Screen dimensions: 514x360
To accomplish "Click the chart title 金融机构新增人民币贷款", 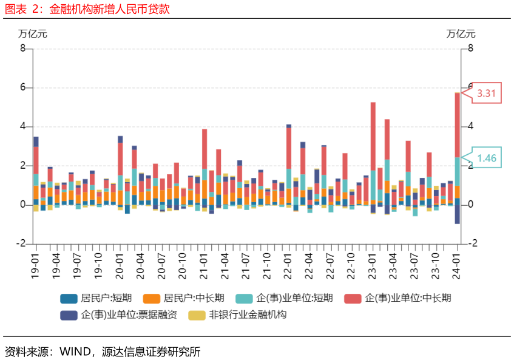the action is (109, 9).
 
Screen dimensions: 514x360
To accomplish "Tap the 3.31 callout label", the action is (486, 93).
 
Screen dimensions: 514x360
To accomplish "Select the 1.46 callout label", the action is (487, 158).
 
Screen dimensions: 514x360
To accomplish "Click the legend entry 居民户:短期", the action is (96, 298).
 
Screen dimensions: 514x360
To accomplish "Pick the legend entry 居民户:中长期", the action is (184, 298).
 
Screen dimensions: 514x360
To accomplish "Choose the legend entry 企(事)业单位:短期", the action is (284, 298).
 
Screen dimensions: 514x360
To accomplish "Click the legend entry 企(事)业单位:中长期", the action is (397, 298).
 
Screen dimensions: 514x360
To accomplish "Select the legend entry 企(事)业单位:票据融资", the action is (119, 315).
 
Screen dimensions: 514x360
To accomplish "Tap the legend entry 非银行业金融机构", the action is (237, 315).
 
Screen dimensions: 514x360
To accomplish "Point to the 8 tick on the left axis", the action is (22, 49).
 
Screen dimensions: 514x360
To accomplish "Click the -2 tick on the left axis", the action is (21, 243).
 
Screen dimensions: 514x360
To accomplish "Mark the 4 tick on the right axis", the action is (470, 126).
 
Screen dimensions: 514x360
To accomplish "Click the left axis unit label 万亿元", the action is (32, 34).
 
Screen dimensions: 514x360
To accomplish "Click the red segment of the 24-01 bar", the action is (457, 125).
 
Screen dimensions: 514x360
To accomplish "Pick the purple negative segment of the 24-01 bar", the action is (457, 214).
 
